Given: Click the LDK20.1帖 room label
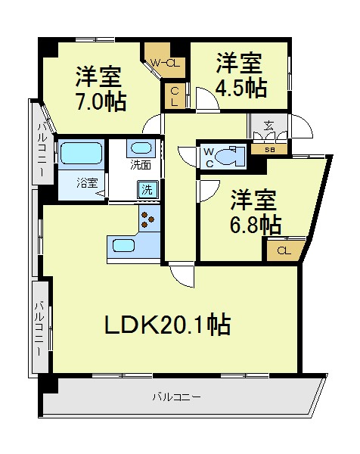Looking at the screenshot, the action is click(167, 325).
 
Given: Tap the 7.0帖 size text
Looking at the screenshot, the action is click(101, 101).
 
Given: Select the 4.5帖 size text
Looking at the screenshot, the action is click(241, 88).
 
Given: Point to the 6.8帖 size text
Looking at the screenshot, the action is click(256, 224).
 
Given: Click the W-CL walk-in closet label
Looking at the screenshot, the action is click(165, 63).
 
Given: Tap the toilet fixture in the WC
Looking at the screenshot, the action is click(230, 157).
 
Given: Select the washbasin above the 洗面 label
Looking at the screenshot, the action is click(141, 148).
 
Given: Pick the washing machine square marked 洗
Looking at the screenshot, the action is click(147, 190).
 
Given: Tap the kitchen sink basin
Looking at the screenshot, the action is click(123, 246).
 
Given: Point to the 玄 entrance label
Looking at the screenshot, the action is click(268, 126).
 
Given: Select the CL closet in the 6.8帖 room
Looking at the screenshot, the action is click(284, 250).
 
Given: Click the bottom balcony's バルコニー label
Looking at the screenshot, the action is click(176, 396).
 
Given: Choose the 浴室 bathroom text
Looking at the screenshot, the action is click(87, 183).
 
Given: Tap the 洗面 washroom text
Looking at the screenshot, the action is click(141, 165).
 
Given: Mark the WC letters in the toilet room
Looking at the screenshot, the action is click(209, 157).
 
